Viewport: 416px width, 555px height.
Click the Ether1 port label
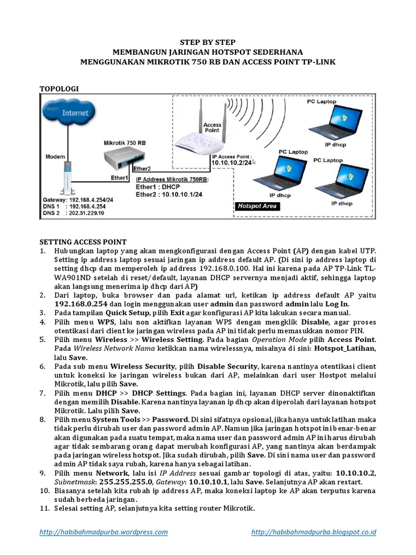coord(119,177)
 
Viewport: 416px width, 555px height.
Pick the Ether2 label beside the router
coord(142,169)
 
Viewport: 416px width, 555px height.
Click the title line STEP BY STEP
coord(208,42)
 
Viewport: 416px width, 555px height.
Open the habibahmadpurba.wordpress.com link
coord(104,532)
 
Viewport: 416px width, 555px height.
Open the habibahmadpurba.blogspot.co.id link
coord(314,532)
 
